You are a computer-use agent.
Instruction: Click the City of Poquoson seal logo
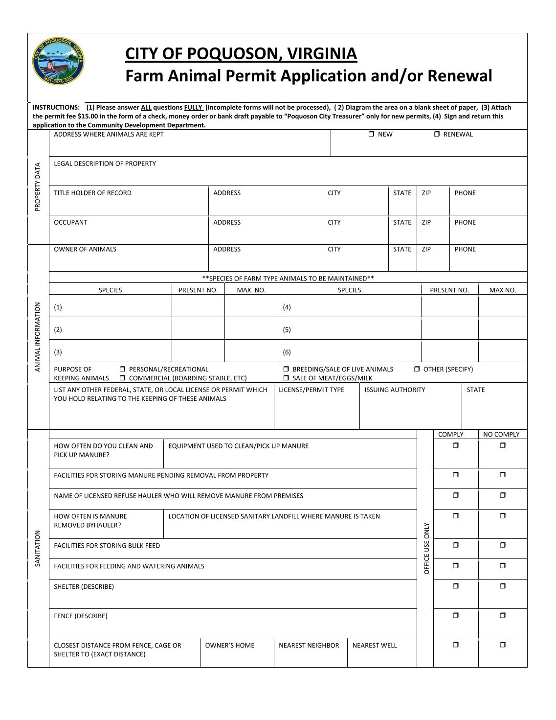click(x=58, y=61)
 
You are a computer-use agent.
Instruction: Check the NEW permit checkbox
click(x=372, y=134)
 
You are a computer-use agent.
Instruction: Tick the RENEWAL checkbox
click(x=437, y=134)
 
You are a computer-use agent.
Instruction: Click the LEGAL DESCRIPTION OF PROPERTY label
click(x=105, y=163)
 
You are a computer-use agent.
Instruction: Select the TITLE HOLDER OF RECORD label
click(x=92, y=193)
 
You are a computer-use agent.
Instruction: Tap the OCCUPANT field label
click(x=70, y=222)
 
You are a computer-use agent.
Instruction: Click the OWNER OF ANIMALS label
click(x=85, y=249)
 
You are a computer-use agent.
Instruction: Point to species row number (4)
click(x=287, y=307)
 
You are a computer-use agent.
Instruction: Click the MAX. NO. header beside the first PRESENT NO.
click(x=251, y=290)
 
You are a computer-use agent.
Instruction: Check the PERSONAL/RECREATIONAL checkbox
click(x=123, y=369)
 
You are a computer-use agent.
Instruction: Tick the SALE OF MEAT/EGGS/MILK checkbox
click(x=286, y=378)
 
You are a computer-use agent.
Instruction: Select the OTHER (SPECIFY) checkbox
click(x=417, y=369)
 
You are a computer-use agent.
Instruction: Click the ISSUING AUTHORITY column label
click(x=395, y=390)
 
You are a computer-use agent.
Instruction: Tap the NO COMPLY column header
click(x=501, y=434)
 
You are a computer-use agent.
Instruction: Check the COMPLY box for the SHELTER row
click(x=456, y=586)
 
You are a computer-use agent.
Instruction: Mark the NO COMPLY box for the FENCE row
click(x=503, y=615)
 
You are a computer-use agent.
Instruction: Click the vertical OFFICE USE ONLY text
click(x=426, y=548)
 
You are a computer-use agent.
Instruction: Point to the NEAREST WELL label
click(x=375, y=645)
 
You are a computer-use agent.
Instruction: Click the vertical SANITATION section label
click(x=38, y=548)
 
